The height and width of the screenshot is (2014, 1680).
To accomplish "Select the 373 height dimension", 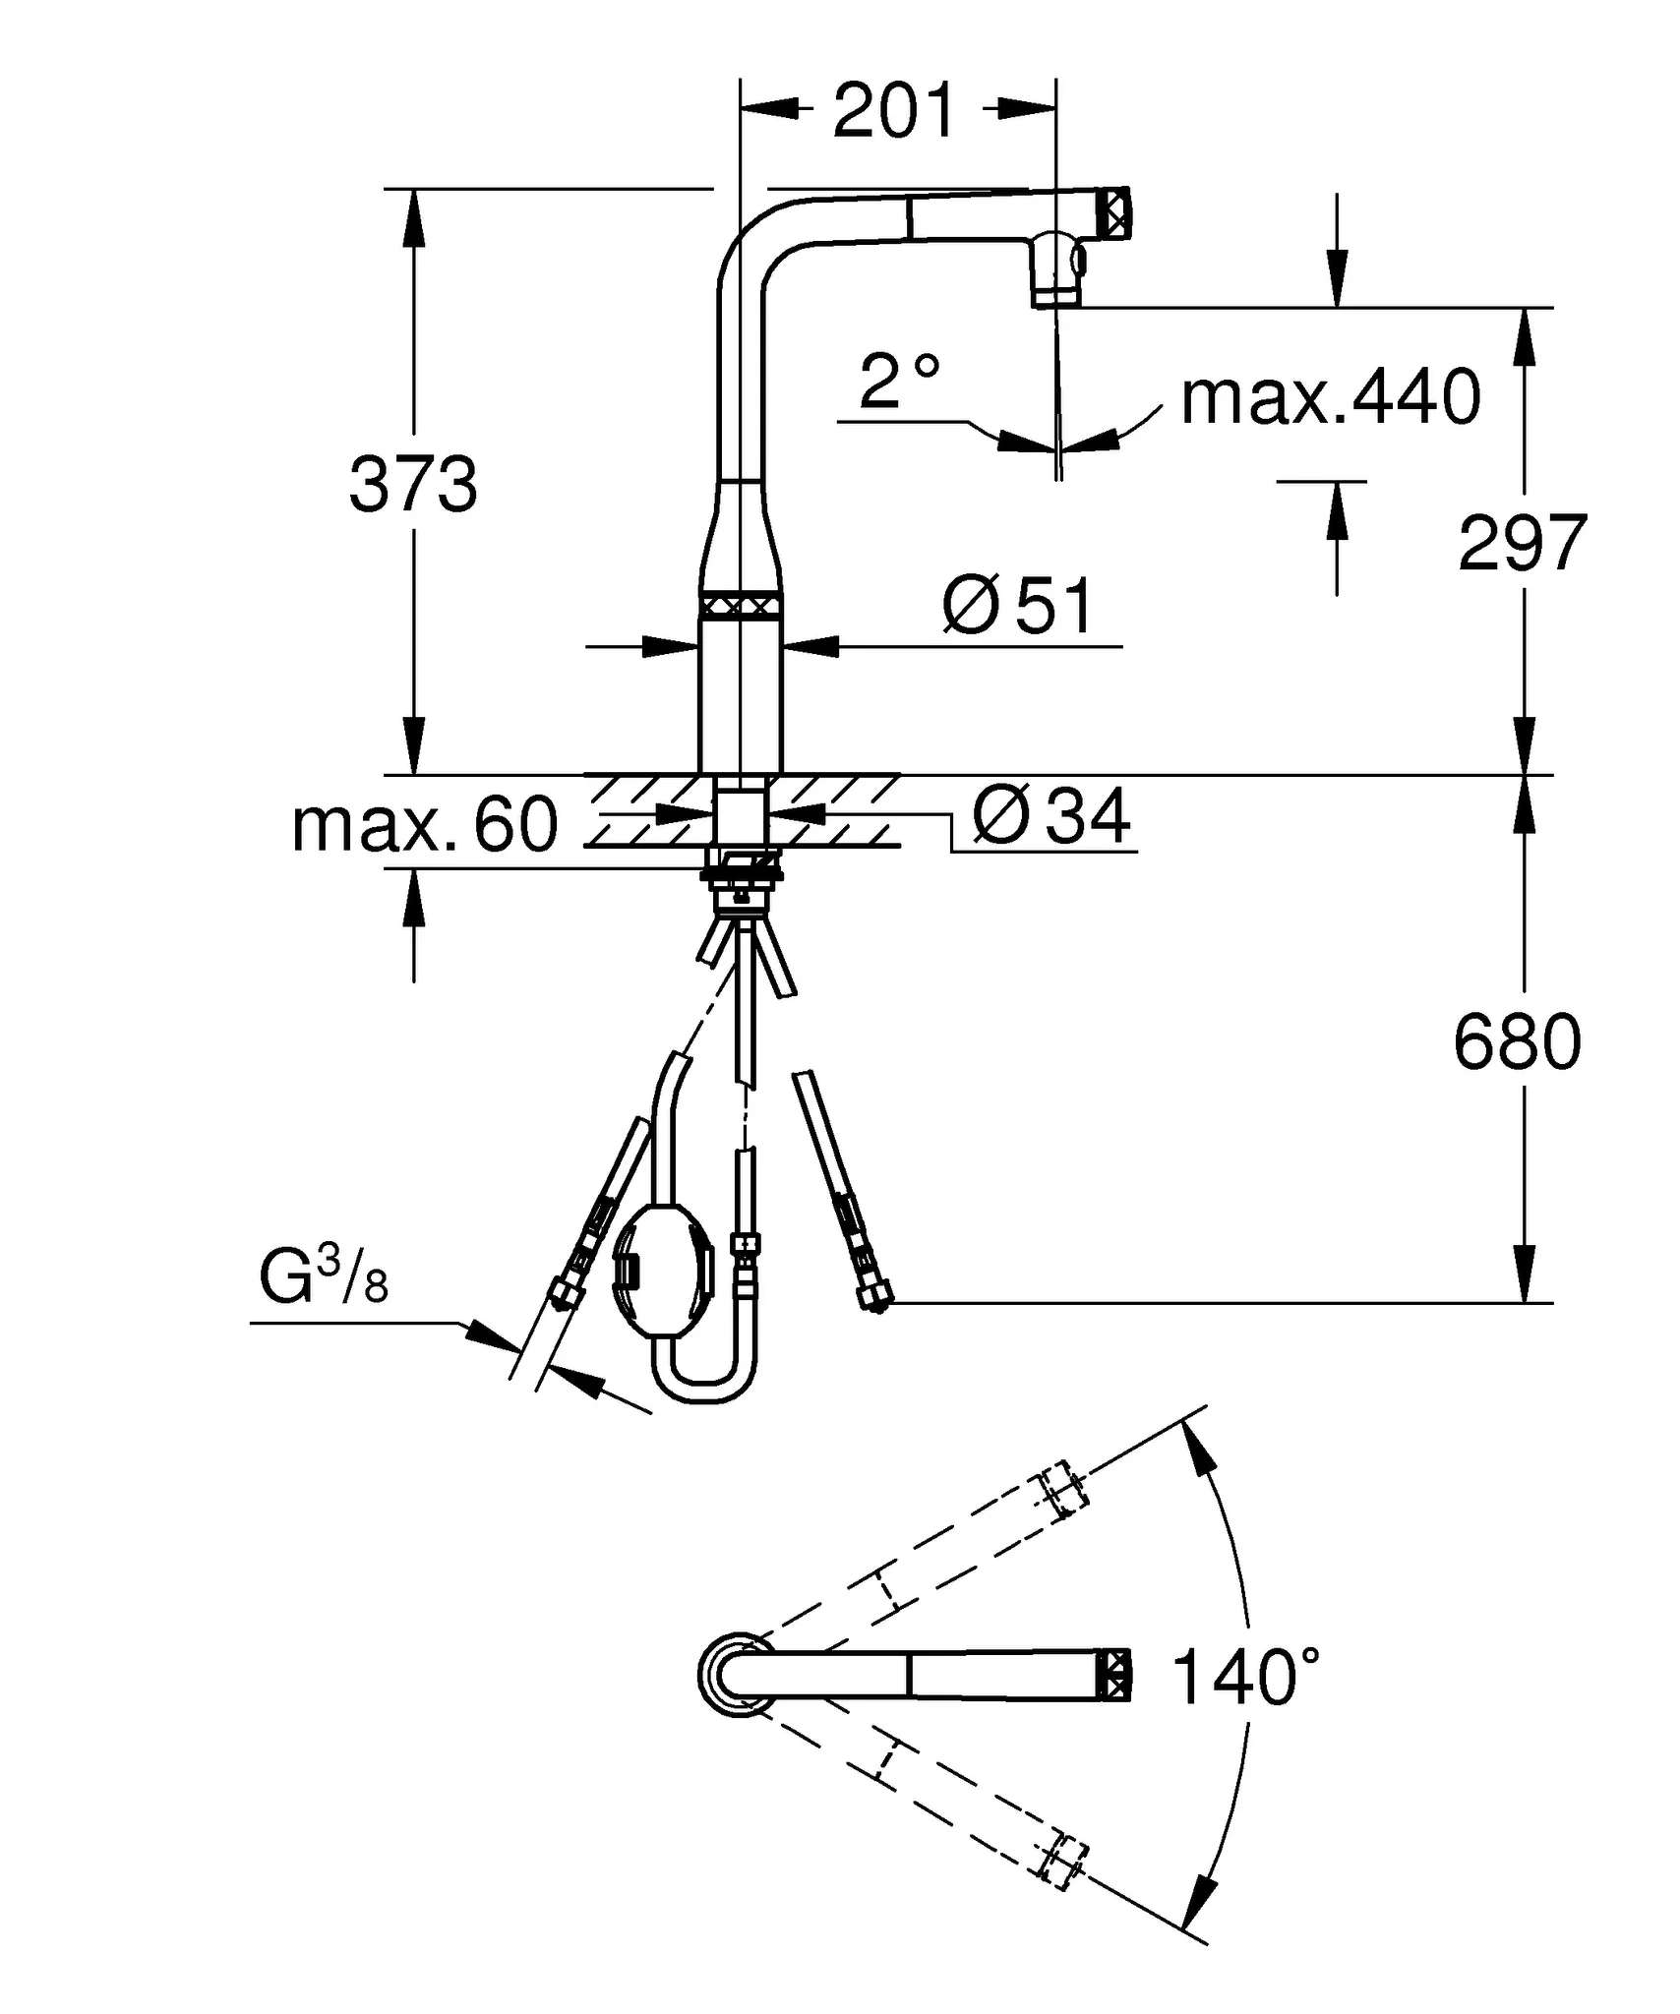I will click(413, 485).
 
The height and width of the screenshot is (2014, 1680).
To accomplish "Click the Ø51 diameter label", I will click(1017, 607).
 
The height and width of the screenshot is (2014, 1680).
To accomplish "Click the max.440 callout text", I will click(1330, 397).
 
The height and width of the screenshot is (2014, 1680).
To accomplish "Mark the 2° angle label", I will click(899, 382).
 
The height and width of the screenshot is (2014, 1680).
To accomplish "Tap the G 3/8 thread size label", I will click(324, 1279).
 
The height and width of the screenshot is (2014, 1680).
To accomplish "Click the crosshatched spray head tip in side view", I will click(1115, 211).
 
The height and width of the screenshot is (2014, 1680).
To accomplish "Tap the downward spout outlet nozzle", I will click(1056, 276).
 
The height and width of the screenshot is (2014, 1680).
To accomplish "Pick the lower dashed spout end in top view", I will click(1063, 1859).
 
